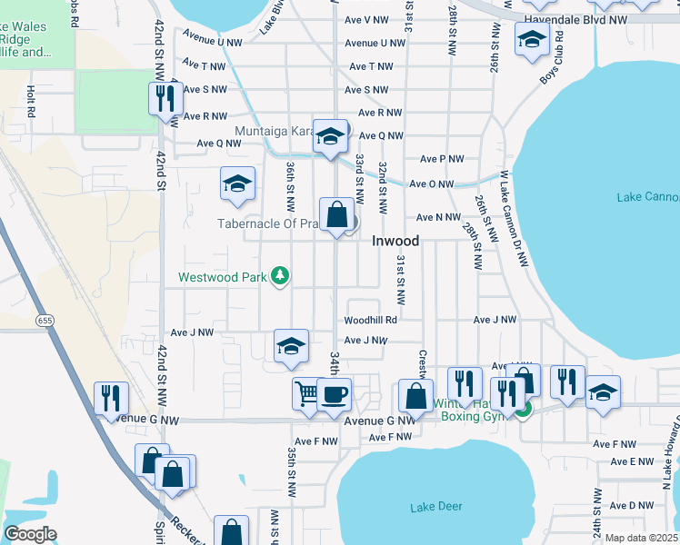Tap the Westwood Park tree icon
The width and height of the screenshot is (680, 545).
pos(282,275)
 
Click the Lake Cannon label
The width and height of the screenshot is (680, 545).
pos(647,197)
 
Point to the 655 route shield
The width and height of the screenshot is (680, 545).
pos(45,321)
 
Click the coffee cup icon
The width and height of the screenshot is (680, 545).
pos(334,394)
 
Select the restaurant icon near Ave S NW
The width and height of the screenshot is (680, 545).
pos(165,97)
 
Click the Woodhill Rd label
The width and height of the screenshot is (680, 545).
pos(370,320)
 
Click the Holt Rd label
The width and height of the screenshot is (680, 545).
pos(31,101)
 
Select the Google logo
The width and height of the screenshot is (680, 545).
pos(30,534)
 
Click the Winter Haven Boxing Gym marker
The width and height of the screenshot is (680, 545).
pos(523,410)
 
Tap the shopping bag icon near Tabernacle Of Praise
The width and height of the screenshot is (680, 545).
pos(336,215)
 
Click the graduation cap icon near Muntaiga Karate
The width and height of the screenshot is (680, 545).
pos(330,137)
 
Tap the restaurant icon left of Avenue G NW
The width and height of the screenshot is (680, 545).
pos(111,398)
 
